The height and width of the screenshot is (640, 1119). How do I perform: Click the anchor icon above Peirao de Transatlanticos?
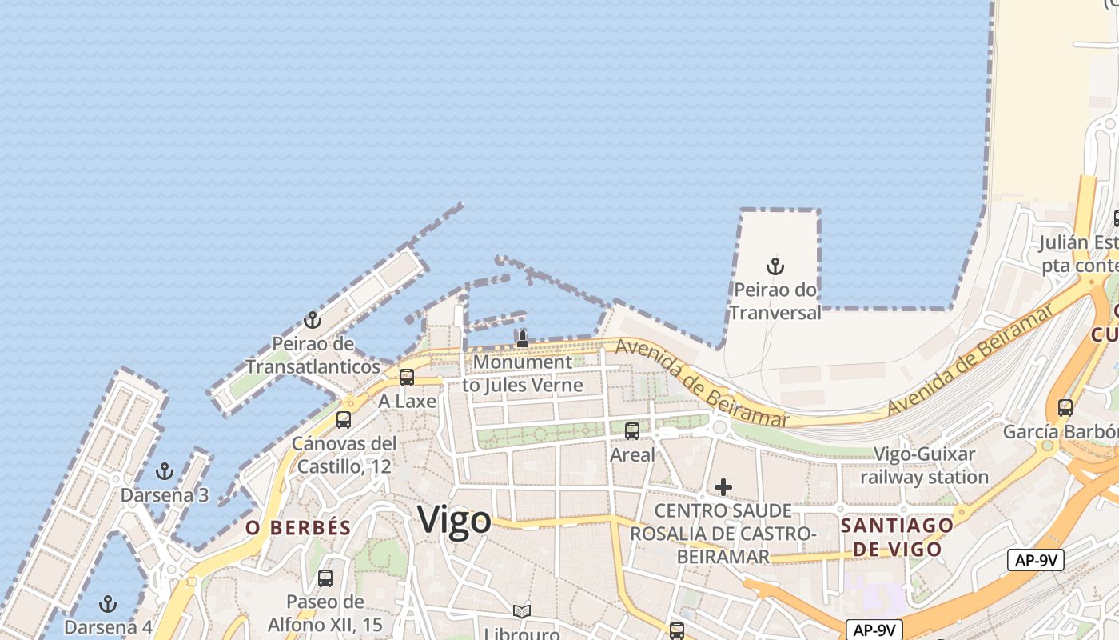312,321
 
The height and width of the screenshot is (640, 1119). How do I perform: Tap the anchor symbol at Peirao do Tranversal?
775,266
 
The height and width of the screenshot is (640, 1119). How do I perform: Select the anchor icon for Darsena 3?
164,470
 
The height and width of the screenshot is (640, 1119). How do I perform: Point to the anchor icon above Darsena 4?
107,603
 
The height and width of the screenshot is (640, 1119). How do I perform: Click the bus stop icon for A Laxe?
407,378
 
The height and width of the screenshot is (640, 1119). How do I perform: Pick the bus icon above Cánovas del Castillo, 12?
344,419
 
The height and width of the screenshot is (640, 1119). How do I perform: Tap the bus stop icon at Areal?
632,431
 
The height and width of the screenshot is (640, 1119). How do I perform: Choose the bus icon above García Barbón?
1065,407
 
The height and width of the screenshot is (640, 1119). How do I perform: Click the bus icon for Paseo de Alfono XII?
325,578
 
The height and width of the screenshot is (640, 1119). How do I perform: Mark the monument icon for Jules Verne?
523,338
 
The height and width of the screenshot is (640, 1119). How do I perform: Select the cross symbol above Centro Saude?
723,486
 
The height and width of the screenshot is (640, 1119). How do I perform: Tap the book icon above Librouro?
522,611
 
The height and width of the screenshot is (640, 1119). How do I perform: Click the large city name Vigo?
454,520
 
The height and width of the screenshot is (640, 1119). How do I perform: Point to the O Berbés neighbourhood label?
298,528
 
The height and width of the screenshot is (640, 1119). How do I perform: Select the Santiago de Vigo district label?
897,537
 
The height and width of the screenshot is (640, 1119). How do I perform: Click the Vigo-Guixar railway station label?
925,466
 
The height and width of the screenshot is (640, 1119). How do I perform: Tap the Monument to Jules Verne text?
523,374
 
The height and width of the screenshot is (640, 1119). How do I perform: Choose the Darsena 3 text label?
165,495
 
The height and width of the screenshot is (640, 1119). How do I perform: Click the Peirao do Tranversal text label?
775,301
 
